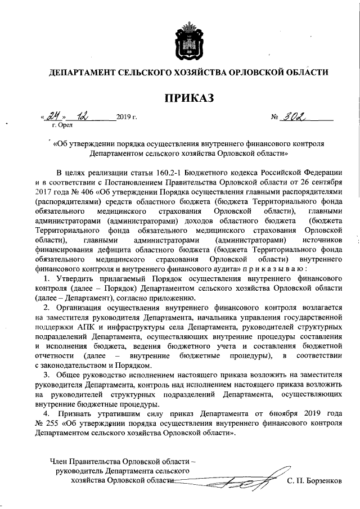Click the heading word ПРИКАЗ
click(190, 99)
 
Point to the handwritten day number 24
click(53, 117)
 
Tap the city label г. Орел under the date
click(62, 126)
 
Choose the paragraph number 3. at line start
click(47, 374)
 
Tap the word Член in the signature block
click(61, 462)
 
